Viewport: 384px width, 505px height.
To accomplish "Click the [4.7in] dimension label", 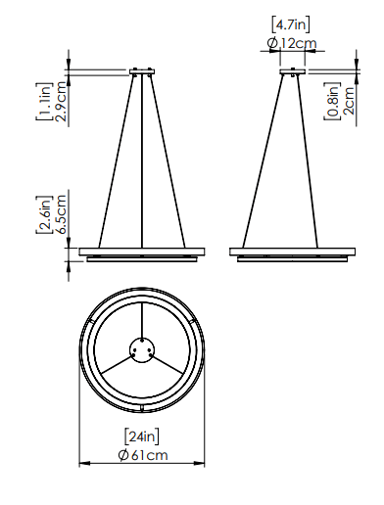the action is [x=290, y=24].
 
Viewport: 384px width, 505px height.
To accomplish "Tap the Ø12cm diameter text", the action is [x=292, y=43].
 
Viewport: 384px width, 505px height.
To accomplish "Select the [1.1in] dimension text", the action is [x=44, y=102].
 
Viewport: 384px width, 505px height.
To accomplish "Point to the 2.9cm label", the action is [x=61, y=102].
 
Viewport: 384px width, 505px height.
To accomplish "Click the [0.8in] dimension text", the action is [x=332, y=101].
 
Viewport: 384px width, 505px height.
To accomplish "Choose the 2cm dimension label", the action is [x=349, y=101].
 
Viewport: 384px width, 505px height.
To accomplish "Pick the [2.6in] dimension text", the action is [x=44, y=214].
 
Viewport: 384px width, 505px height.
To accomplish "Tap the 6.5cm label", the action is [x=61, y=214].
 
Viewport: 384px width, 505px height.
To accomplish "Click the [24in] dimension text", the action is [x=142, y=436].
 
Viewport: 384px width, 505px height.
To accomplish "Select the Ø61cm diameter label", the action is [x=143, y=455].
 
